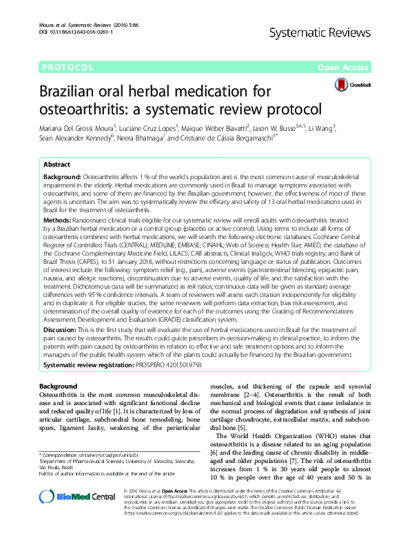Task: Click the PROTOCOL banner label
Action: (68, 68)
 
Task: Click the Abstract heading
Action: (57, 165)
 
